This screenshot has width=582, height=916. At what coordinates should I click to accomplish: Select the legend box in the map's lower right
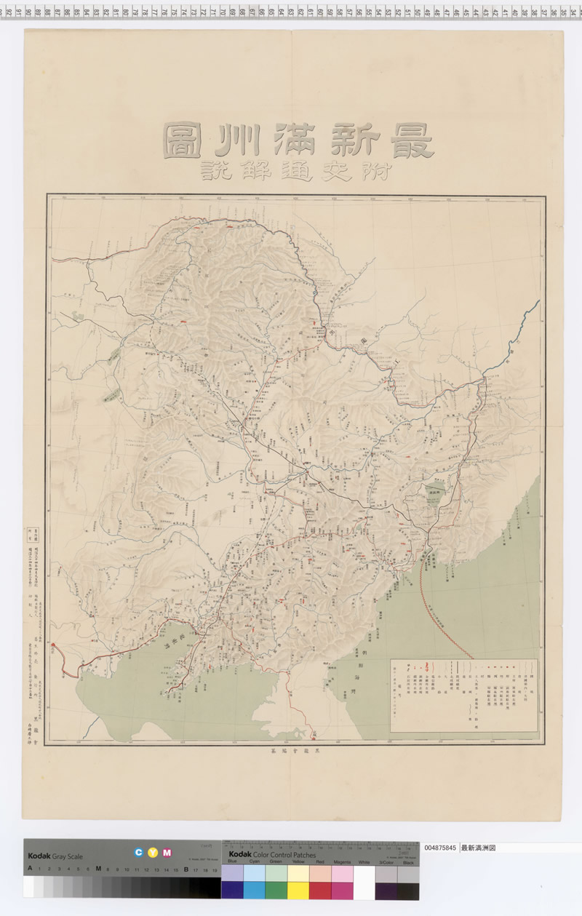(464, 695)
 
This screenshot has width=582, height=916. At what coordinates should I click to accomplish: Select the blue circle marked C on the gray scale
(137, 853)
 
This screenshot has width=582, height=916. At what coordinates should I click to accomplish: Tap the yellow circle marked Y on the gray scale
(152, 853)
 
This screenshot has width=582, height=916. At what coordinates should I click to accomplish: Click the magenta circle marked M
(167, 853)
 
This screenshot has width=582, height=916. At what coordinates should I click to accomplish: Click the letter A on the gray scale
(30, 869)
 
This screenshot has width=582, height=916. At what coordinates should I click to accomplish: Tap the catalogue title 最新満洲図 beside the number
(478, 848)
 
